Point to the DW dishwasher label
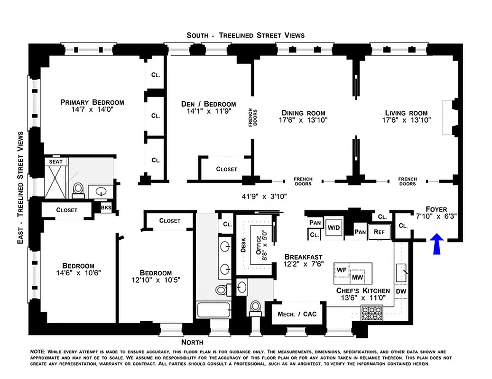[401, 291]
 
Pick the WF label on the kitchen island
[342, 269]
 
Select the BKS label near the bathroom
[106, 207]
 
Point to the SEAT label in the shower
[56, 162]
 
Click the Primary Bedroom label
[92, 102]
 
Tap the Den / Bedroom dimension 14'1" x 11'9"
[208, 112]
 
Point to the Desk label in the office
[243, 244]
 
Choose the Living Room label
[406, 113]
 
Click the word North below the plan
[192, 342]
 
